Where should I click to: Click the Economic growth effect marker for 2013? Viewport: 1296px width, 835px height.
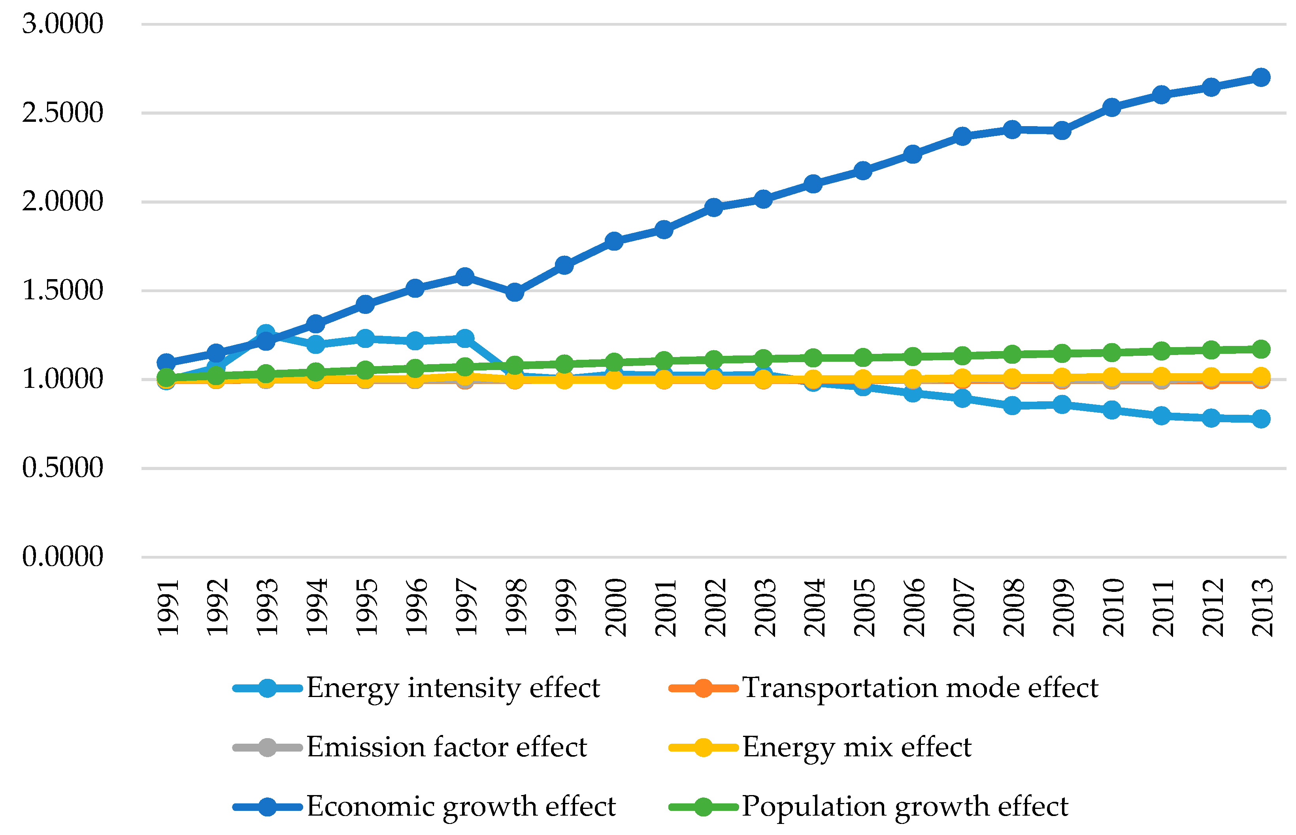coord(1261,77)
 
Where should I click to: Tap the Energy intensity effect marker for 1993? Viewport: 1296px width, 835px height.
coord(266,333)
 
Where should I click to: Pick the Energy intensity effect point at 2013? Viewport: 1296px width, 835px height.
coord(1261,419)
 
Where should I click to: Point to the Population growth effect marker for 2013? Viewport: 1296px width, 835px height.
coord(1261,349)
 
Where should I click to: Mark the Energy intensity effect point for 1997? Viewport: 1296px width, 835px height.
coord(464,338)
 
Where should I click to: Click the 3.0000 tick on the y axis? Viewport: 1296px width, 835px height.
coord(62,24)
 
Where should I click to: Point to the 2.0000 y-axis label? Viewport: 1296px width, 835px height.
coord(62,202)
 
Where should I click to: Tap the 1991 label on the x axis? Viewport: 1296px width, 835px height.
coord(168,607)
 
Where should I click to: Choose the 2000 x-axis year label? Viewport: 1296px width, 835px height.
coord(615,607)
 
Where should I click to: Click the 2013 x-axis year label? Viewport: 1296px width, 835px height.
coord(1262,607)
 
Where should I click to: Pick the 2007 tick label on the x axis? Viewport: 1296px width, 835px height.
coord(964,607)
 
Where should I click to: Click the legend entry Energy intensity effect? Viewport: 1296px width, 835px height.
coord(453,688)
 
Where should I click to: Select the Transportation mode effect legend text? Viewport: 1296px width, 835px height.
coord(919,688)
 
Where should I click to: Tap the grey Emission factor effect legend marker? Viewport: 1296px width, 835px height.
coord(267,748)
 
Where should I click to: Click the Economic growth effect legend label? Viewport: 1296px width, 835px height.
coord(461,806)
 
